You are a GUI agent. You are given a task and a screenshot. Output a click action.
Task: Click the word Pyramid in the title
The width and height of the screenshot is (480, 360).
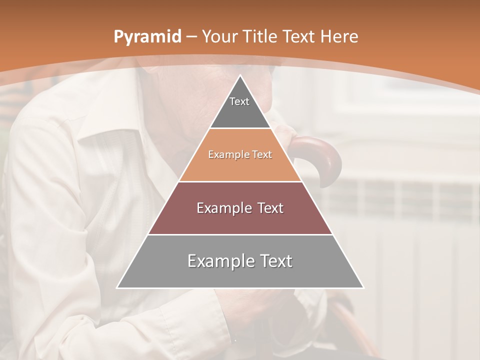coord(147,37)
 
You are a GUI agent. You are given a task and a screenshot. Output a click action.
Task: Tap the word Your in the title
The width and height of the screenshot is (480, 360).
coord(220,37)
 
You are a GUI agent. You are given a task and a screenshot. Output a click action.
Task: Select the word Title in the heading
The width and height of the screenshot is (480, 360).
coord(260,37)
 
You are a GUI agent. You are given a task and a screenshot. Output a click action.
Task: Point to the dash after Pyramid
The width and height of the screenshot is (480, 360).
coord(191,37)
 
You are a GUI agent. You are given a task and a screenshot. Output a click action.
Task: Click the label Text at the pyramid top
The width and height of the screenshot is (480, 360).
coord(239,101)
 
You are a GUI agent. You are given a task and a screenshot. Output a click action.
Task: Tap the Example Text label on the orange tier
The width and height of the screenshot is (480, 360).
coord(240,155)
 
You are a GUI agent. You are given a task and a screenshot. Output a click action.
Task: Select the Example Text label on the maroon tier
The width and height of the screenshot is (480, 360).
coord(240,208)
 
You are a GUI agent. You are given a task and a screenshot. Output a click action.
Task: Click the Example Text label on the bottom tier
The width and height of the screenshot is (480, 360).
coord(240,261)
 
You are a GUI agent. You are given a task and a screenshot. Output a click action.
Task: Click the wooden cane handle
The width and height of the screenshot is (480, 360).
coord(320,155)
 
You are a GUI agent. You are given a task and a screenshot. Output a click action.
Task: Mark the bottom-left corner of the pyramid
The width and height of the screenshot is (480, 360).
coord(117,288)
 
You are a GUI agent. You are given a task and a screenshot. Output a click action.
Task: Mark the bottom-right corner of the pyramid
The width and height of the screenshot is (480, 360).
coord(363,288)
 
